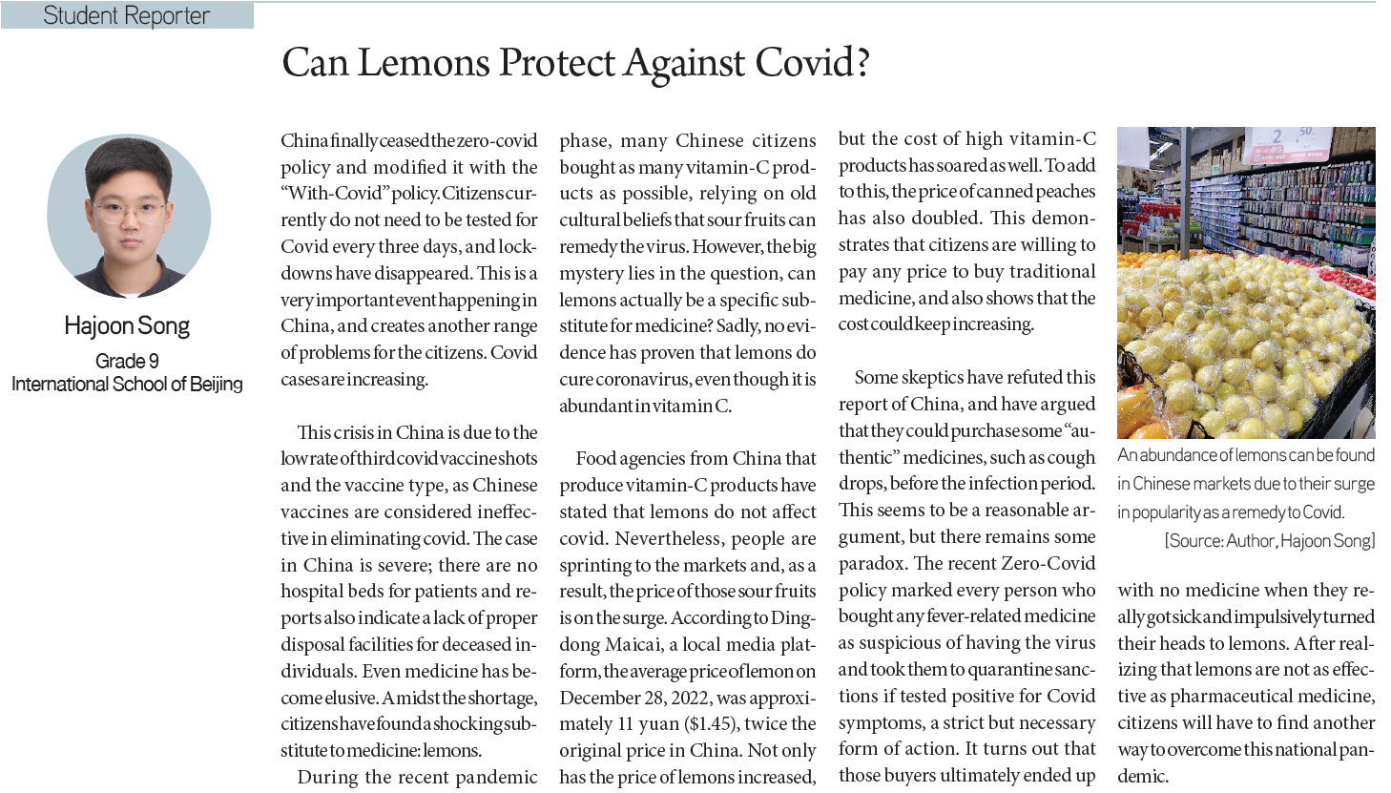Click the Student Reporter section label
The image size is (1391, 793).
coord(126,16)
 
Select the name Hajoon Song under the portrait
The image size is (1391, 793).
coord(127,326)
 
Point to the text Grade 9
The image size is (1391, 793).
coord(127,361)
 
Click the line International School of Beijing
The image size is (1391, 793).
coord(127,385)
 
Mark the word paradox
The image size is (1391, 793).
coord(871,564)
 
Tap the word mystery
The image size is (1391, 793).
coord(592,273)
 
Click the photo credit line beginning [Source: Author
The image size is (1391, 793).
coord(1269,541)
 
